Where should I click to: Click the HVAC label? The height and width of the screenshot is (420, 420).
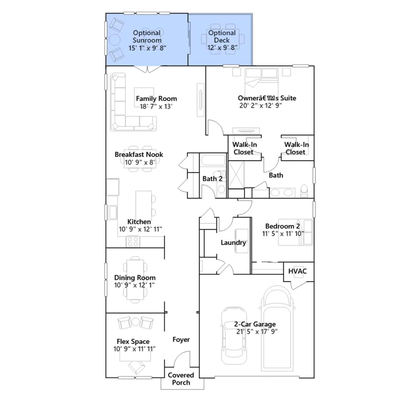(x=297, y=271)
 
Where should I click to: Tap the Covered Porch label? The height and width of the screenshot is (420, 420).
(x=181, y=379)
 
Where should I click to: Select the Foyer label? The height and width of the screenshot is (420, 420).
(x=181, y=340)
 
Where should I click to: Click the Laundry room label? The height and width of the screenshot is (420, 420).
(x=233, y=243)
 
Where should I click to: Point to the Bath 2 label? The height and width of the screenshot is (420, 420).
(x=212, y=179)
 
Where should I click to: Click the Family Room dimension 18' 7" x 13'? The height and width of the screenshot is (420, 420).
(x=156, y=106)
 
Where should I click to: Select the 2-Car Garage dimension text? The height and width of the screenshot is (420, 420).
(x=257, y=332)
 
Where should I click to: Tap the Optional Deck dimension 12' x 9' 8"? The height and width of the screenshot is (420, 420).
(x=222, y=48)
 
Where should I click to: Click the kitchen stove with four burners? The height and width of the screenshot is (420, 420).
(x=133, y=242)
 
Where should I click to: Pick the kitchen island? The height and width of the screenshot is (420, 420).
(x=144, y=206)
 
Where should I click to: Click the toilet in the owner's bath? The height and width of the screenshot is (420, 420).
(x=304, y=191)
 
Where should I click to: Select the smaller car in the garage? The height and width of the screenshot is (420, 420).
(x=234, y=336)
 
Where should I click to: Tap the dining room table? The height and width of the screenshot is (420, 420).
(x=135, y=280)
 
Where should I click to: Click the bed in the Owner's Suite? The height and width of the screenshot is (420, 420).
(x=261, y=79)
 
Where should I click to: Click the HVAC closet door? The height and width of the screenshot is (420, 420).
(x=299, y=285)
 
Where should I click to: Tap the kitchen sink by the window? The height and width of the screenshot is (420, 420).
(x=113, y=212)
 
